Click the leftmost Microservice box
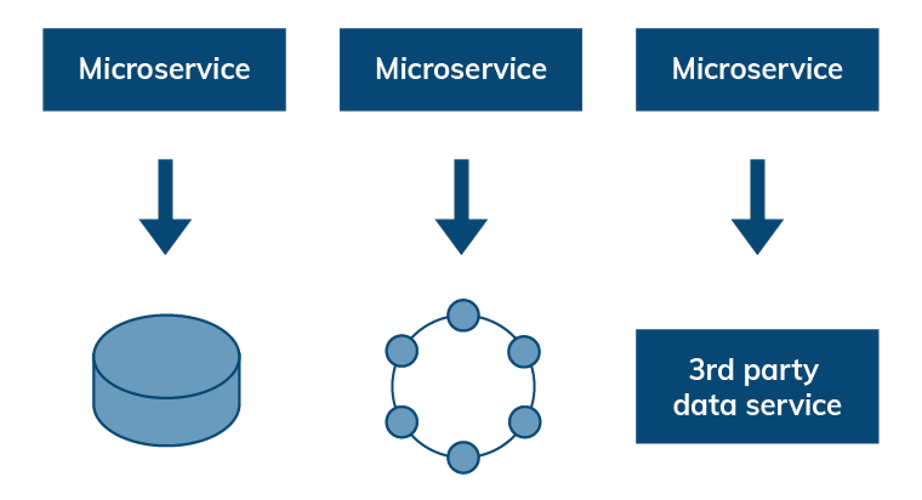164,70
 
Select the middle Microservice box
461,70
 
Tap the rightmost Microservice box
757,70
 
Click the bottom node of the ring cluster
463,457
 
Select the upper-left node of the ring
402,351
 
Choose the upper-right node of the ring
524,352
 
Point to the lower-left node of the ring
402,422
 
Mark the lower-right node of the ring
525,422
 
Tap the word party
781,372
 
